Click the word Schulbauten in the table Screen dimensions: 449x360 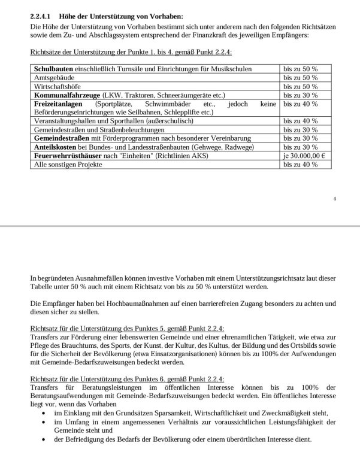coord(53,69)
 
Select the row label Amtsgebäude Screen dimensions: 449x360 coord(54,78)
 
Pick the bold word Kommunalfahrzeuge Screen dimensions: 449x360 coord(66,95)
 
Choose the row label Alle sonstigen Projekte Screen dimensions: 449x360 coord(66,164)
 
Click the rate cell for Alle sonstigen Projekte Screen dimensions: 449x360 coord(300,164)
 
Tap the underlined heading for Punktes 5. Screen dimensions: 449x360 coord(126,329)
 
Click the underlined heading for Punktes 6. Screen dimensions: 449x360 coord(126,379)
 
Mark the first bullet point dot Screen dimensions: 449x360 coord(46,413)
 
